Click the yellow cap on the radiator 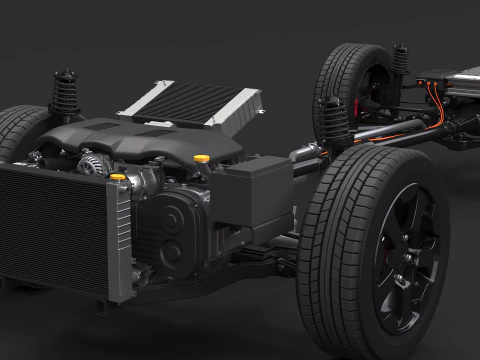[x=118, y=178]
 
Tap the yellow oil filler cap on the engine [x=202, y=158]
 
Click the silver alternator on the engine [x=92, y=164]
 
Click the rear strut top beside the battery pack [x=401, y=60]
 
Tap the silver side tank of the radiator [x=122, y=240]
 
